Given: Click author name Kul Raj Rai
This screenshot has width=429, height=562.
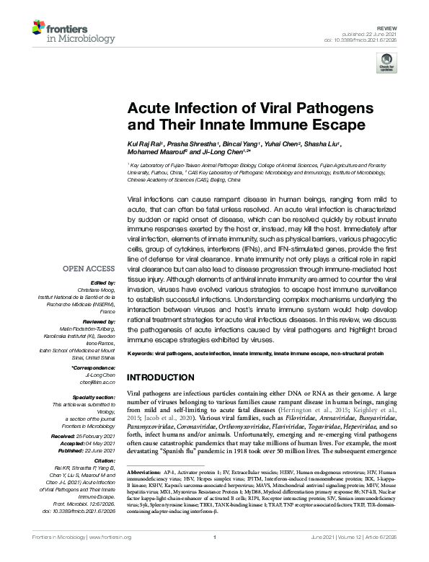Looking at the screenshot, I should pyautogui.click(x=146, y=146).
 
